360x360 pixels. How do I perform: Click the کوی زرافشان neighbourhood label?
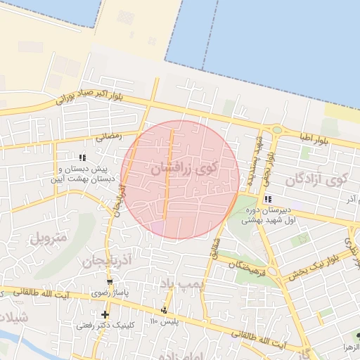coord(185,169)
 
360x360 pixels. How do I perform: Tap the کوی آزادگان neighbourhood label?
coord(317,181)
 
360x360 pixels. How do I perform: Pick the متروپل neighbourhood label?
coord(47,236)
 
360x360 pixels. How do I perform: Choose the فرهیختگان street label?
coord(240,263)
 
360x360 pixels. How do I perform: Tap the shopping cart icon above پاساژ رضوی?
coord(109,281)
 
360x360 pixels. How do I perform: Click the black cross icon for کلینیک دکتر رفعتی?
coord(105,314)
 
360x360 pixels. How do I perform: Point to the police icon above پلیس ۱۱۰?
coord(165,309)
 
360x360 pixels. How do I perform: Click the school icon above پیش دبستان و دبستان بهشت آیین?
coord(82,157)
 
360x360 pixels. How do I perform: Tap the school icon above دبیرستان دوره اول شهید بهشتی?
coord(268,199)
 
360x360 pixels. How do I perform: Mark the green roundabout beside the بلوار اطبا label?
coord(277,130)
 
